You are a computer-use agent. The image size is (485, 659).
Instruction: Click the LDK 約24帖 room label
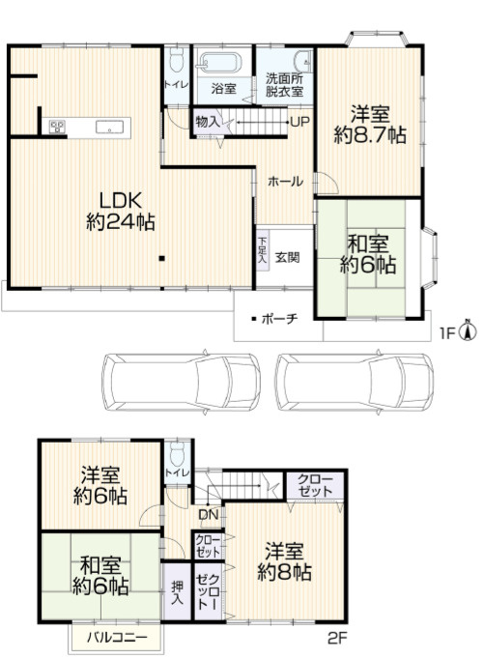[121, 211]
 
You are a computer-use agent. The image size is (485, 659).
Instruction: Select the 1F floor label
[447, 333]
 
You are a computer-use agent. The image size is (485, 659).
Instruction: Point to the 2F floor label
[337, 639]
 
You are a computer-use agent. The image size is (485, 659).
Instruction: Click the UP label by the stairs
[300, 122]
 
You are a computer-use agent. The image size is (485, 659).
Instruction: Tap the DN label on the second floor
[209, 514]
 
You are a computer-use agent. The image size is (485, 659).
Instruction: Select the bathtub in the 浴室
[220, 64]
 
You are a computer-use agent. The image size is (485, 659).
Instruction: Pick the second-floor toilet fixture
[179, 452]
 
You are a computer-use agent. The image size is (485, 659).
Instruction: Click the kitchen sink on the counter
[109, 127]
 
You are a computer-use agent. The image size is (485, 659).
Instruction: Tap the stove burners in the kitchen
[58, 127]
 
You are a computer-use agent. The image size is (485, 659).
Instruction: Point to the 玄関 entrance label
[288, 257]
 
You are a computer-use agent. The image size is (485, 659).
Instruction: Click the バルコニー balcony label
[117, 638]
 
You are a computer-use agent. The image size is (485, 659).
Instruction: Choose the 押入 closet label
[177, 592]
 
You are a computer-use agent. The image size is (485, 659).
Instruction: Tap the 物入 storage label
[208, 123]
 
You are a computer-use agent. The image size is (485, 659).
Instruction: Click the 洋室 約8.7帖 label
[370, 125]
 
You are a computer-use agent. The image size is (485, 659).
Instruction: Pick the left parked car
[182, 382]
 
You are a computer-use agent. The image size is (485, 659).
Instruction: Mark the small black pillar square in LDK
[161, 258]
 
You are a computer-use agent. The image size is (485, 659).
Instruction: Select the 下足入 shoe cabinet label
[262, 250]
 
